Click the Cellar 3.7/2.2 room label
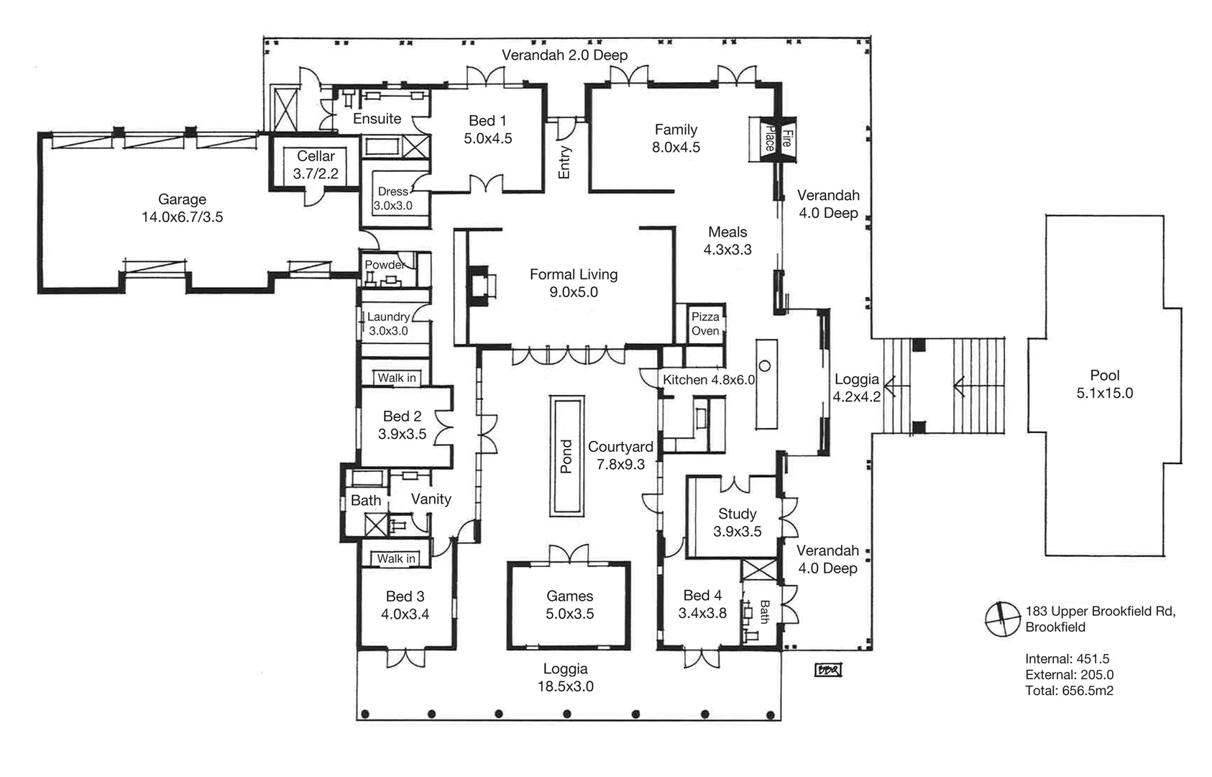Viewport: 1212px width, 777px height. click(x=316, y=165)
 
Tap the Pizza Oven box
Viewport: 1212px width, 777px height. click(x=705, y=324)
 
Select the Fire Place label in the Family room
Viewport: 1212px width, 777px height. click(x=777, y=138)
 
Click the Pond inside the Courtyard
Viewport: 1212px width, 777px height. click(x=566, y=455)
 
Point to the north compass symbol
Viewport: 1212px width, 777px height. click(x=1002, y=619)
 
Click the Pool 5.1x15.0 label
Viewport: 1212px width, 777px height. click(x=1104, y=384)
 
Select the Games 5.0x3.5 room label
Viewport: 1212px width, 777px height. click(x=569, y=604)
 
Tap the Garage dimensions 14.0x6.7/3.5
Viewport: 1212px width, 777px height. click(x=182, y=217)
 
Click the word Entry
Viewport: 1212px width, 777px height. click(x=564, y=162)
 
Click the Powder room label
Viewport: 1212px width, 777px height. click(x=384, y=265)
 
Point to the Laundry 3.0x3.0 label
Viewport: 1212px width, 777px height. click(x=388, y=324)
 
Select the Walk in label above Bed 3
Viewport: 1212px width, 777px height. click(x=396, y=558)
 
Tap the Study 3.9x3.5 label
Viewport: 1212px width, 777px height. click(x=737, y=522)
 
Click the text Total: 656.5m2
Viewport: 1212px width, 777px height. click(x=1069, y=691)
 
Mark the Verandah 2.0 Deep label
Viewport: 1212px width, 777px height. click(x=564, y=55)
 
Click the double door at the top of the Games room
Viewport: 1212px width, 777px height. click(x=569, y=555)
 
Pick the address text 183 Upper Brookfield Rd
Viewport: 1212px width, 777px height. click(x=1100, y=612)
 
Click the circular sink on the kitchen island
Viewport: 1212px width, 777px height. click(x=765, y=366)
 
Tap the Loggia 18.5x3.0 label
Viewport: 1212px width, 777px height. click(x=565, y=678)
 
